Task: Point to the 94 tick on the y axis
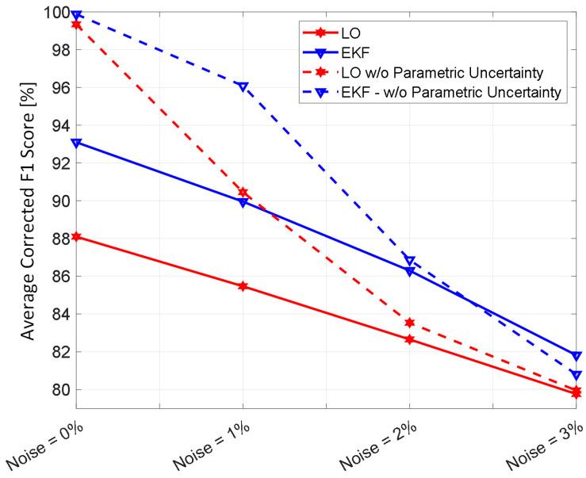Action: (61, 125)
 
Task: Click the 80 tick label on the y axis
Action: (61, 390)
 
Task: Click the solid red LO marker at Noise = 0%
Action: (76, 236)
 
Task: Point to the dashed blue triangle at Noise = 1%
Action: (243, 86)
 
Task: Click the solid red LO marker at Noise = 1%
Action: (243, 286)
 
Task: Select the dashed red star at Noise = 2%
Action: (409, 323)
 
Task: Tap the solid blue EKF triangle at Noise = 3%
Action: (576, 356)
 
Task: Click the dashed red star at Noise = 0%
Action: (76, 25)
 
